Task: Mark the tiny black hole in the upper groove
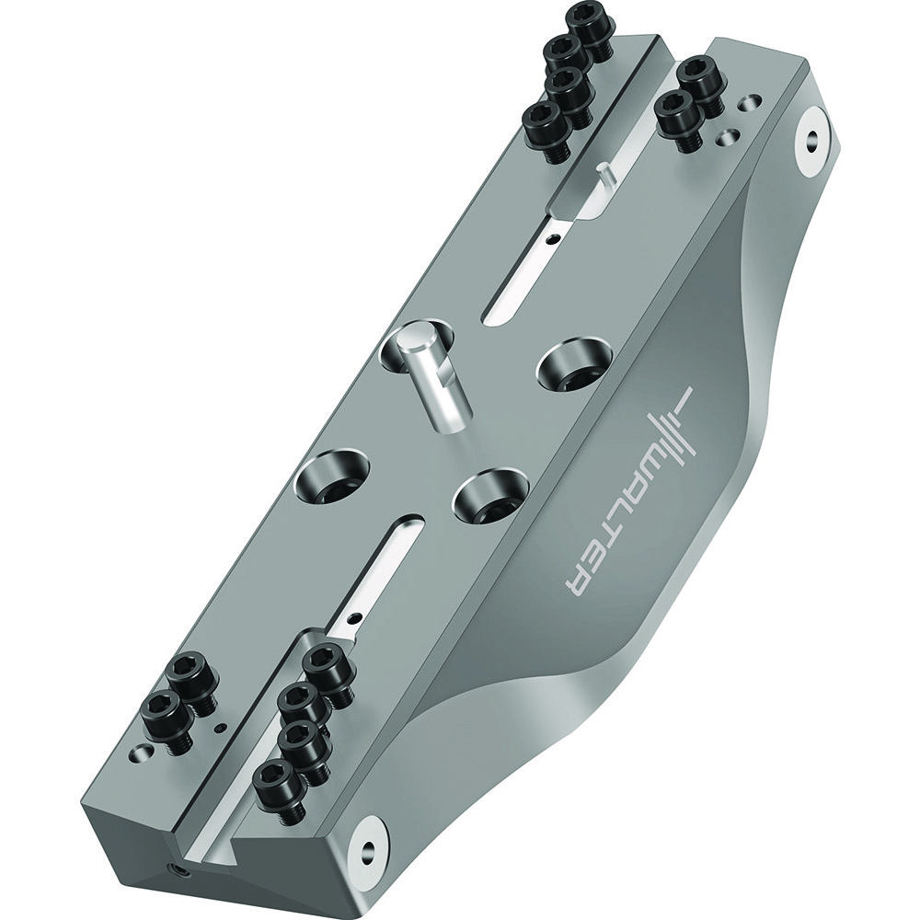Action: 550,237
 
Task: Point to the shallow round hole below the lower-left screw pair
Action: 140,752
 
